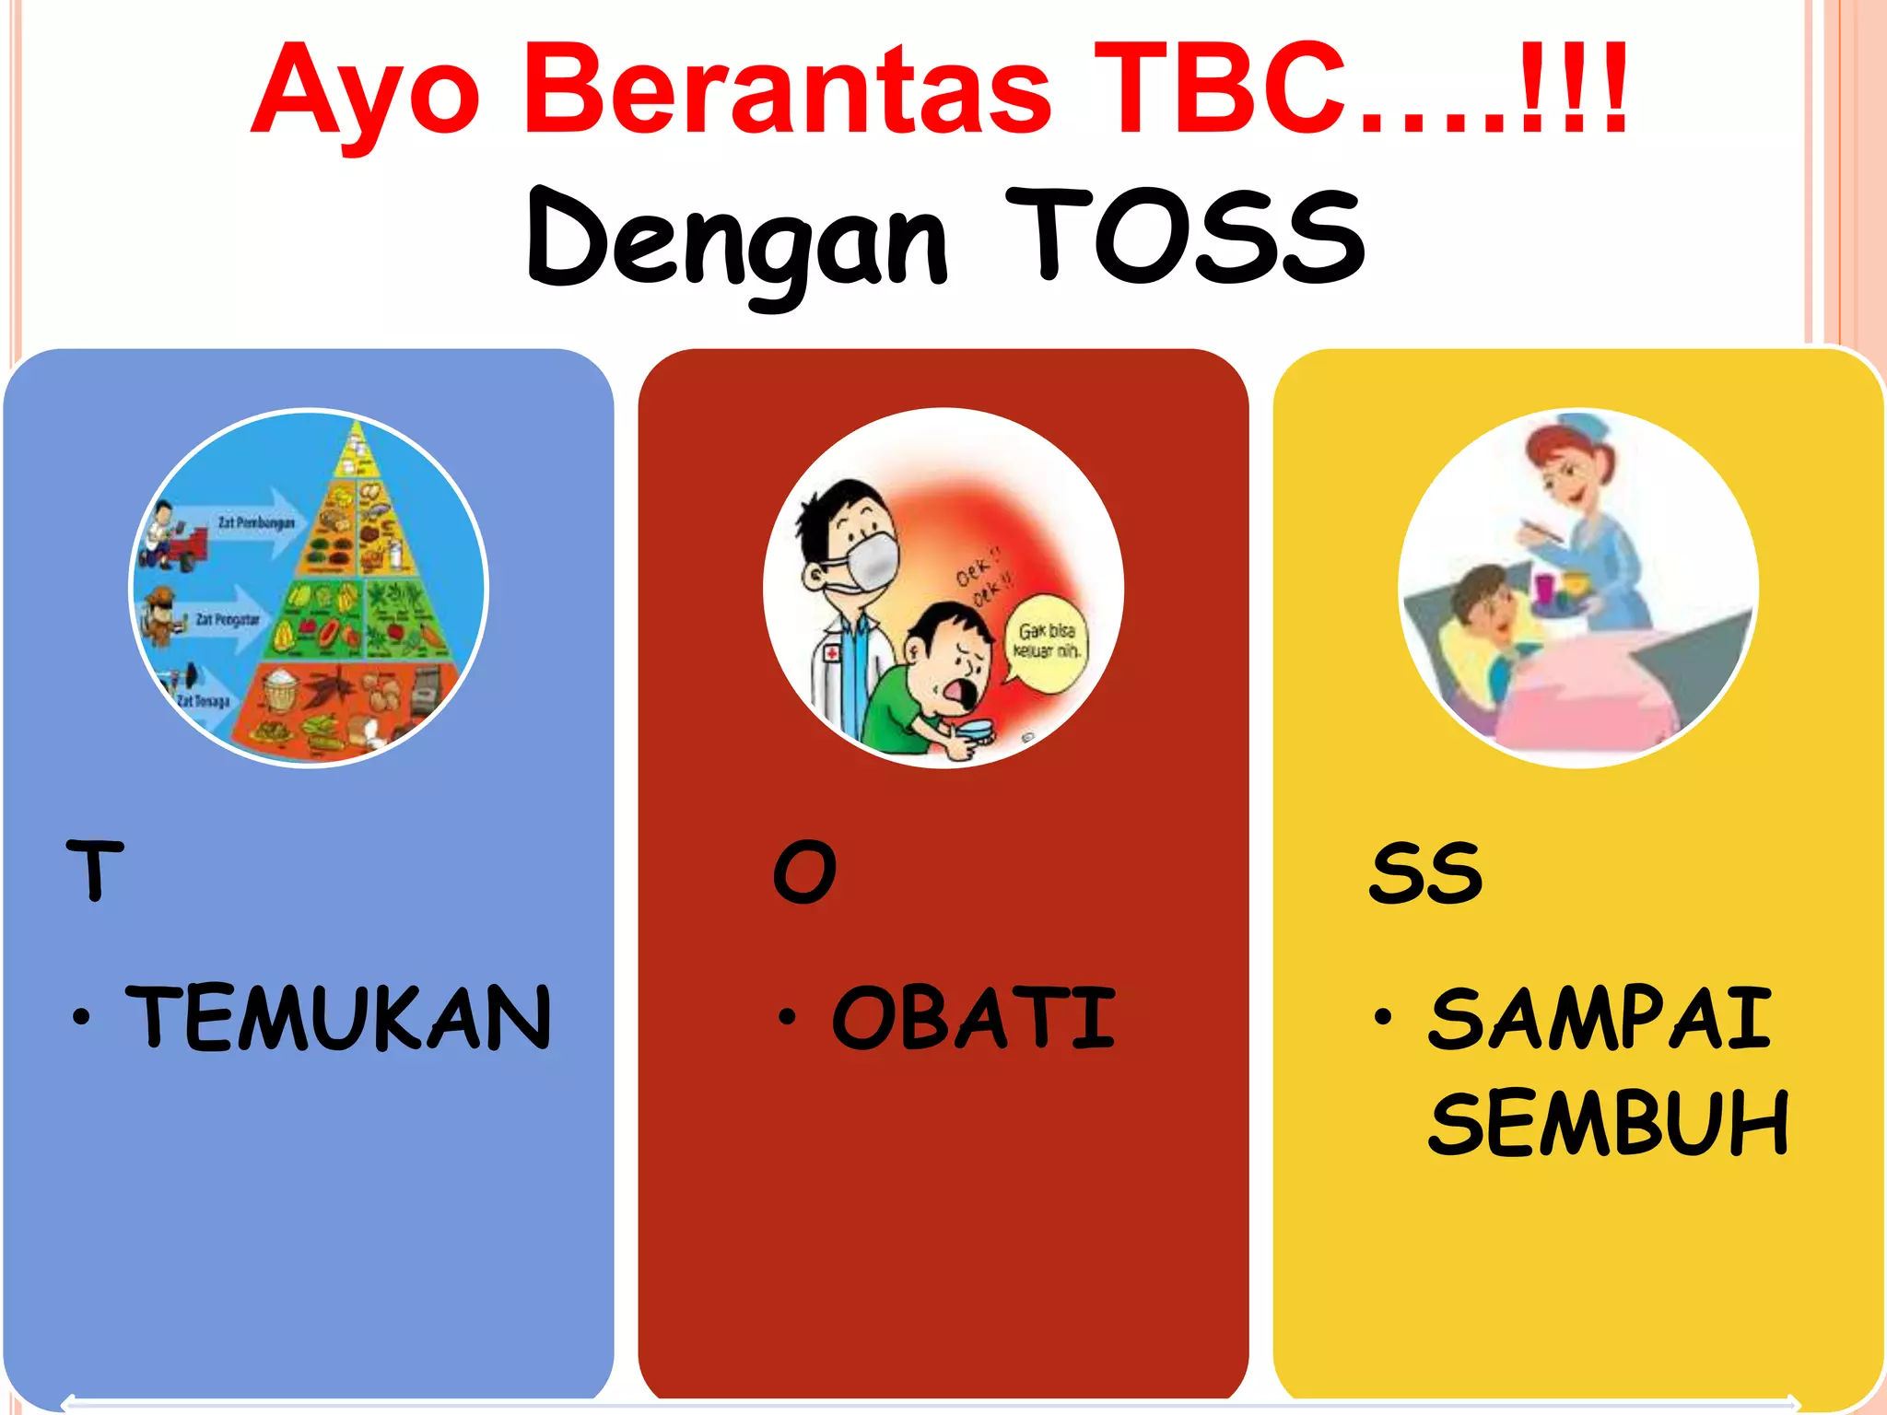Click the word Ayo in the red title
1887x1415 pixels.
pos(364,92)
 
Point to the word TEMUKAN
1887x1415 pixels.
pos(339,1017)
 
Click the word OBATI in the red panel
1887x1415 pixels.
pos(973,1017)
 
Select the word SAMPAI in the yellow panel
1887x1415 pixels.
pos(1600,1017)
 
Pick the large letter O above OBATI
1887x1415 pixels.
pos(804,871)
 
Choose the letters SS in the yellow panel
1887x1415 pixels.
pos(1425,872)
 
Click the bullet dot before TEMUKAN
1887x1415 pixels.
pos(82,1017)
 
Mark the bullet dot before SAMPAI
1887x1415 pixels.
pos(1382,1017)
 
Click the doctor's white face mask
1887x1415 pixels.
pos(870,562)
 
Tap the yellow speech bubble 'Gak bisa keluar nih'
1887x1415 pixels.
pos(1047,641)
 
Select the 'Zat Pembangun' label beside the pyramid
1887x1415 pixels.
pos(256,523)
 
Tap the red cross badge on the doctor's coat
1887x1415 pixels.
pos(832,653)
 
